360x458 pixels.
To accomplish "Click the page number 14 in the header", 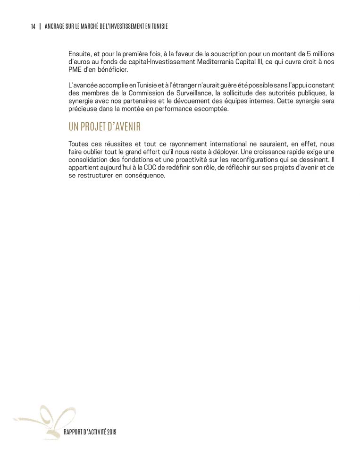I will point(33,27).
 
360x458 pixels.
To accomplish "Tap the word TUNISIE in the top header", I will point(158,27).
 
